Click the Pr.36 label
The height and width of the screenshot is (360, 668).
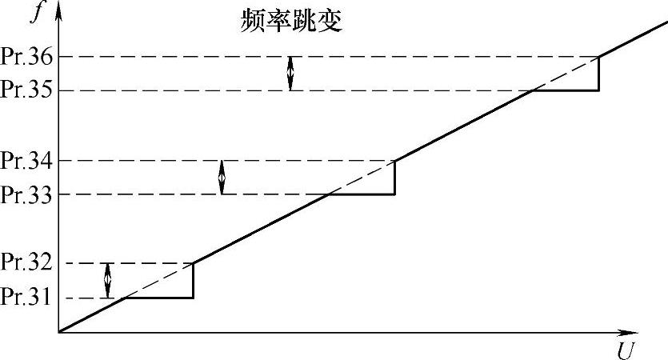pos(26,58)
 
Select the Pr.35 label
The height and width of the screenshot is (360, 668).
pos(26,90)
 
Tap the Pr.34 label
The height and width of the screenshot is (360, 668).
pos(26,161)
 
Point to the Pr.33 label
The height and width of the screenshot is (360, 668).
pos(26,194)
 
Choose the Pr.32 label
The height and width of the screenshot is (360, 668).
pos(26,263)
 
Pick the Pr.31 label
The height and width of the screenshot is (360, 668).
pos(26,297)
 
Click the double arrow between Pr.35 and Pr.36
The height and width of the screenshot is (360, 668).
pos(290,74)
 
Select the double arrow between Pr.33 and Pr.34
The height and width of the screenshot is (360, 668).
pos(222,178)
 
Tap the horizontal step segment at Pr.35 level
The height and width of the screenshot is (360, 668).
pos(565,90)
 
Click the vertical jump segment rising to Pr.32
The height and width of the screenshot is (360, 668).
pos(193,280)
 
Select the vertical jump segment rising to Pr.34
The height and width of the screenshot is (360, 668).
pos(395,178)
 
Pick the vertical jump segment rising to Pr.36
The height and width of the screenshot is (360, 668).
pos(599,74)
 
